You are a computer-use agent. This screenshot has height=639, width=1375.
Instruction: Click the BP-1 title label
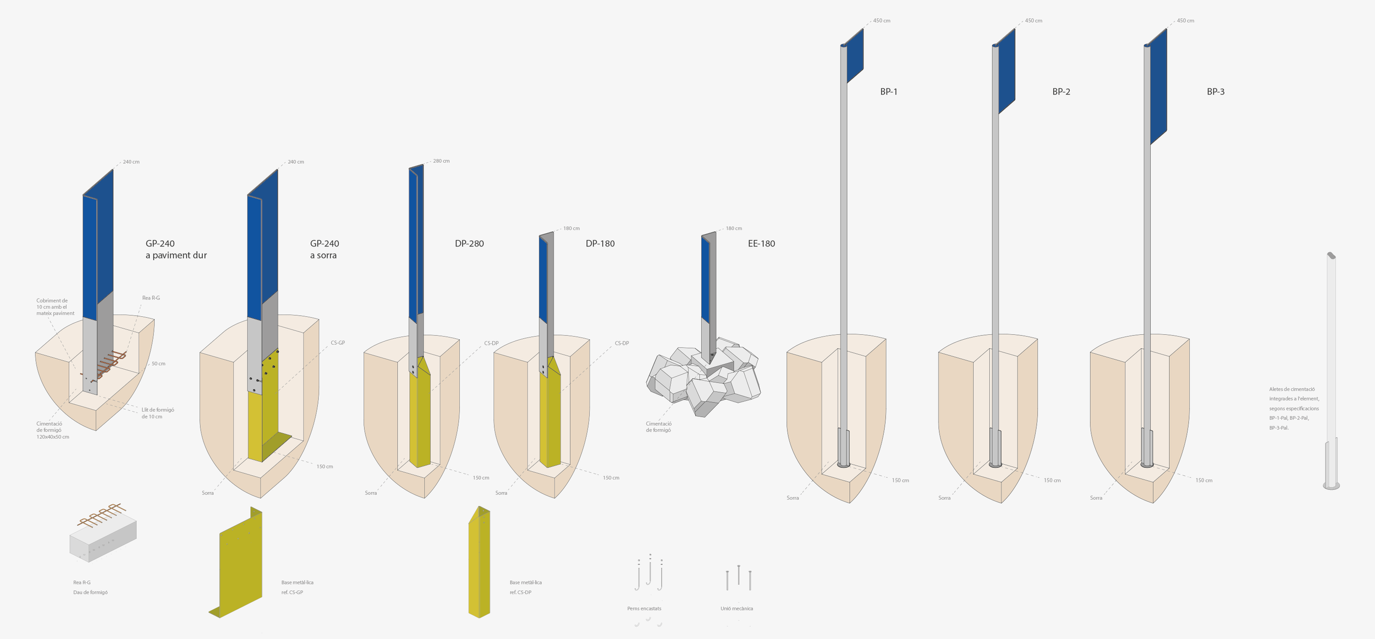(889, 92)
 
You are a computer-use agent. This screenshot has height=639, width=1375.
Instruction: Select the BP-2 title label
(1061, 92)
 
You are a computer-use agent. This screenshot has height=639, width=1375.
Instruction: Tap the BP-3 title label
(1215, 92)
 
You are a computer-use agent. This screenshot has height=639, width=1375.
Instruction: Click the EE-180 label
(761, 244)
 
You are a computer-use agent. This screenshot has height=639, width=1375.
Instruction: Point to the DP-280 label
(469, 244)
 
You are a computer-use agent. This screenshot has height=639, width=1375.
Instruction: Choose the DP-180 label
(600, 244)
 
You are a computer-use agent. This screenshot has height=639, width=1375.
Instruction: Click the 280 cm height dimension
(441, 161)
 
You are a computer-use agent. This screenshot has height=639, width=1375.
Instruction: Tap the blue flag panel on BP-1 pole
(855, 56)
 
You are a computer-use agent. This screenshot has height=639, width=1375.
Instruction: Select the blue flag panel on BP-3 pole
(1158, 86)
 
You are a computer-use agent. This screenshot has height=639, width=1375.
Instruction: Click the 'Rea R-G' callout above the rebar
(151, 298)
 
